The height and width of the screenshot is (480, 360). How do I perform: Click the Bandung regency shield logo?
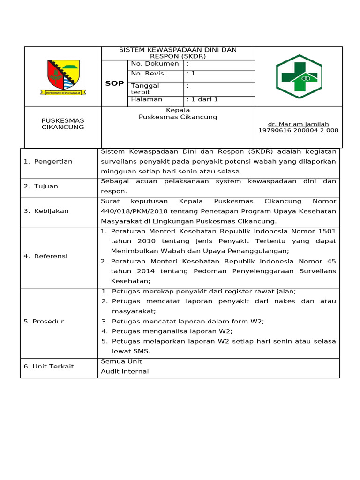click(63, 77)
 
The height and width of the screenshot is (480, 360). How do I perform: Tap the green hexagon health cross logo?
click(299, 76)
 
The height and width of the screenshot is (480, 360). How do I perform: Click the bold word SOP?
click(114, 83)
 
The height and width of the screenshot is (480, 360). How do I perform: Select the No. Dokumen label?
click(155, 64)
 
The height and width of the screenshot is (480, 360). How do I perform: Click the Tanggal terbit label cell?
click(145, 89)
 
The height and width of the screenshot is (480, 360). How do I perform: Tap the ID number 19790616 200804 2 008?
click(298, 130)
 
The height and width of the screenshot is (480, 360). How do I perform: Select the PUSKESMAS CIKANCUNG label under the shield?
click(63, 124)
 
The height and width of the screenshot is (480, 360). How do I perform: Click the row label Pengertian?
click(48, 161)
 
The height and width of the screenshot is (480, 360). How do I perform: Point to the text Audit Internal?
click(125, 371)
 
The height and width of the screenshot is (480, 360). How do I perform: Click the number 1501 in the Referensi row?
click(327, 231)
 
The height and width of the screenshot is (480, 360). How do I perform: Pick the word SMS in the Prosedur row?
click(142, 351)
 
